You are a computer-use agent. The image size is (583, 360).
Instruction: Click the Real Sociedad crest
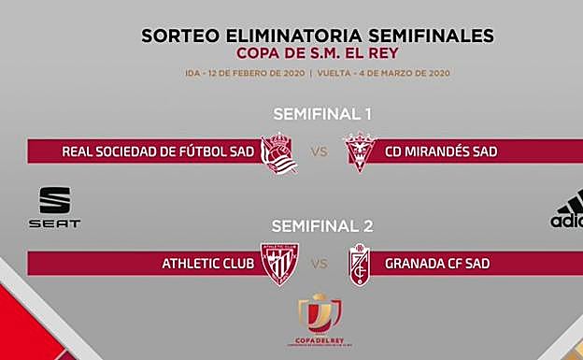point(278,153)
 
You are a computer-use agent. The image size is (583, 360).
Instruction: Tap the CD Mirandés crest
point(359,152)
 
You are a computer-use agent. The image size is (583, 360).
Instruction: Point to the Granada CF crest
point(359,265)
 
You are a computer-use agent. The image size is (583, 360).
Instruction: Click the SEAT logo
point(54,208)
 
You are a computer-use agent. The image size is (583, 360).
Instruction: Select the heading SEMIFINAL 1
point(322,114)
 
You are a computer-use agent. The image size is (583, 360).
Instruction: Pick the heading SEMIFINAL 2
point(322,225)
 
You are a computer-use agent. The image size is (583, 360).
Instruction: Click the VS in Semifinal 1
point(319,152)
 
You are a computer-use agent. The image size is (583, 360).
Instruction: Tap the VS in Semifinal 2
point(319,265)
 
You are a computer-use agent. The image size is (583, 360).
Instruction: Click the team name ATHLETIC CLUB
point(207,265)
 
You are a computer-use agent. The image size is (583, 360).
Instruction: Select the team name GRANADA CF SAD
point(437,265)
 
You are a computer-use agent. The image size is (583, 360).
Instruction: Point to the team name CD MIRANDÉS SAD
point(441,152)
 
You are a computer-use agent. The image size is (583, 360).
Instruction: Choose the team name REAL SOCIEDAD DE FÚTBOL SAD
point(158,152)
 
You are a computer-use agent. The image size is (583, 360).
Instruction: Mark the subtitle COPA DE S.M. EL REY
point(318,52)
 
